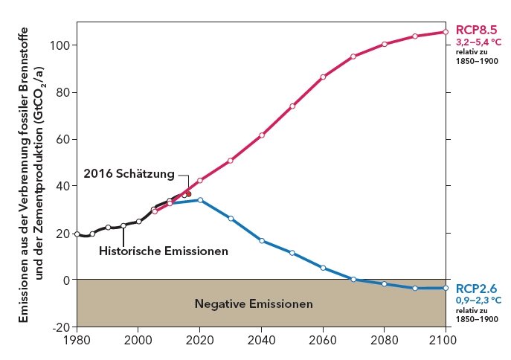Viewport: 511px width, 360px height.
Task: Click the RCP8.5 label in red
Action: tap(476, 30)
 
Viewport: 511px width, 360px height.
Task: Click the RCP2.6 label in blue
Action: tap(476, 288)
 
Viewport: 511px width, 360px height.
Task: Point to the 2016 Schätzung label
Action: tap(129, 173)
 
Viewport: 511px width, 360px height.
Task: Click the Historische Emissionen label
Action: tap(163, 251)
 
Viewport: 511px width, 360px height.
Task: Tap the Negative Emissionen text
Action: tap(254, 303)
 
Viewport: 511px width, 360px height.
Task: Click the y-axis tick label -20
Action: tap(62, 327)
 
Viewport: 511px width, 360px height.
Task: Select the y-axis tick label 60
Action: tap(64, 139)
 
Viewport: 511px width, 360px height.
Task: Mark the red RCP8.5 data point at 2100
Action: tap(446, 32)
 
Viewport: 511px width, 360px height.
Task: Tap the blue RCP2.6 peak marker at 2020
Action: tap(200, 200)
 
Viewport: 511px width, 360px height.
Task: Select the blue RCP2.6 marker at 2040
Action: tap(262, 240)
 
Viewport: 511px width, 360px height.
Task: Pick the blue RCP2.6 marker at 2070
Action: tap(353, 279)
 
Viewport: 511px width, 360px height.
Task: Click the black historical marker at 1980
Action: tap(77, 234)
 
